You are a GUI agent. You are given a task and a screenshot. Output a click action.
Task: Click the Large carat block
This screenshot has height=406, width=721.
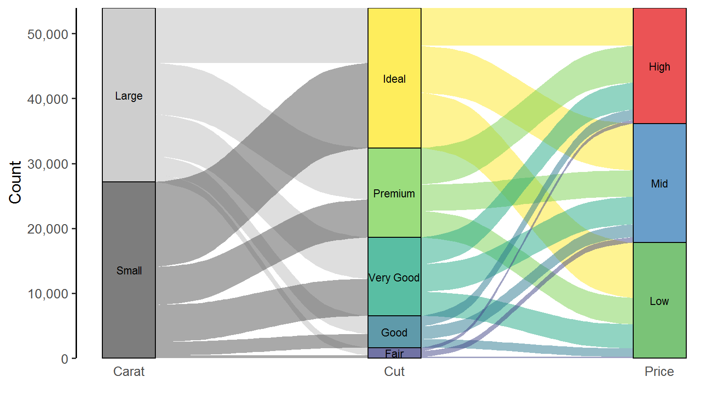point(129,95)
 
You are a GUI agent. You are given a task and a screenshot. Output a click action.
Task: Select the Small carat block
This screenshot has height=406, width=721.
point(129,270)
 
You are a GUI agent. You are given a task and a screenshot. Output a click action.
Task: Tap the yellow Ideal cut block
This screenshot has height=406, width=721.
point(394,78)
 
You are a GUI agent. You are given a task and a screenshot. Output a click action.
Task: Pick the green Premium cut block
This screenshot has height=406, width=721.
point(394,193)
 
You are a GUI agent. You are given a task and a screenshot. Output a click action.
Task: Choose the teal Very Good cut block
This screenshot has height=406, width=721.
point(394,277)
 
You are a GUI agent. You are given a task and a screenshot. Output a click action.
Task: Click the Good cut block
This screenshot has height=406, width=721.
point(394,332)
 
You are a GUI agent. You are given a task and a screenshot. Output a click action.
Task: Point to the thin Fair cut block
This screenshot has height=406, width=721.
point(394,353)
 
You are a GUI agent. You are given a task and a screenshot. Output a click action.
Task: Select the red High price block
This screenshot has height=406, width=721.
point(660,66)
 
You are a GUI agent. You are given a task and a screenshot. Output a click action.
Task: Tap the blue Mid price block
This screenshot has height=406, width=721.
point(660,183)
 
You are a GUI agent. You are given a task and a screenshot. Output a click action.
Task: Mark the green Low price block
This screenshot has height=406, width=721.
point(660,300)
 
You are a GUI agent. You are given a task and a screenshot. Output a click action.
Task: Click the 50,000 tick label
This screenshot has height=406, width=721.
point(48,34)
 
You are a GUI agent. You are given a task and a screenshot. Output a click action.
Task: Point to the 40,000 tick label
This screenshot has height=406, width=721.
point(48,99)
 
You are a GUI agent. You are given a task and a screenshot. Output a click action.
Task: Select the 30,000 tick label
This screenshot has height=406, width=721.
point(48,164)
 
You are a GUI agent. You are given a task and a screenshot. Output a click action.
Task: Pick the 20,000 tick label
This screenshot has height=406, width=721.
point(48,229)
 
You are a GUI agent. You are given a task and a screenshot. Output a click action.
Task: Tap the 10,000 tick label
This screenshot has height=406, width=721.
point(48,294)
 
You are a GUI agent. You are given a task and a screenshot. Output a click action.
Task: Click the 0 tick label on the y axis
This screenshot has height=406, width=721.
point(65,359)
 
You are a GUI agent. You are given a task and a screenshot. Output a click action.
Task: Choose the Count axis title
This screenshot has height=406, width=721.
point(15,182)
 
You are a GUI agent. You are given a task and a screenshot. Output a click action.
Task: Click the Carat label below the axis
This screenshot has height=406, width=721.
point(129,372)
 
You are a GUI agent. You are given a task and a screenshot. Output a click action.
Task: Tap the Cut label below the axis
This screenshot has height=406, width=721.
point(394,372)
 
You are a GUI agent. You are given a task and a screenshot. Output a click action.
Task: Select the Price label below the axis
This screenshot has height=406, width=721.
point(659,372)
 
